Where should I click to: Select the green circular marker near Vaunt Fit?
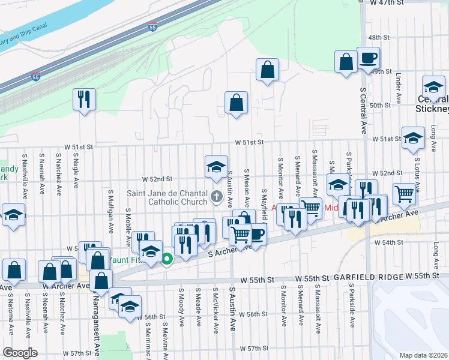tap(167, 259)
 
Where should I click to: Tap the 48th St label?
tap(379, 37)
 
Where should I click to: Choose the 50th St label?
tap(380, 105)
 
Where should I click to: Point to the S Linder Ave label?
tap(399, 89)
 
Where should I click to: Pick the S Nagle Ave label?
tap(76, 171)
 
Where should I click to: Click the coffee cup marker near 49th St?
tap(368, 59)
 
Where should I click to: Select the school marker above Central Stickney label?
tap(433, 87)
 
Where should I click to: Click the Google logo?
tap(20, 353)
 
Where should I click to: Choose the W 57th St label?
tap(253, 349)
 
